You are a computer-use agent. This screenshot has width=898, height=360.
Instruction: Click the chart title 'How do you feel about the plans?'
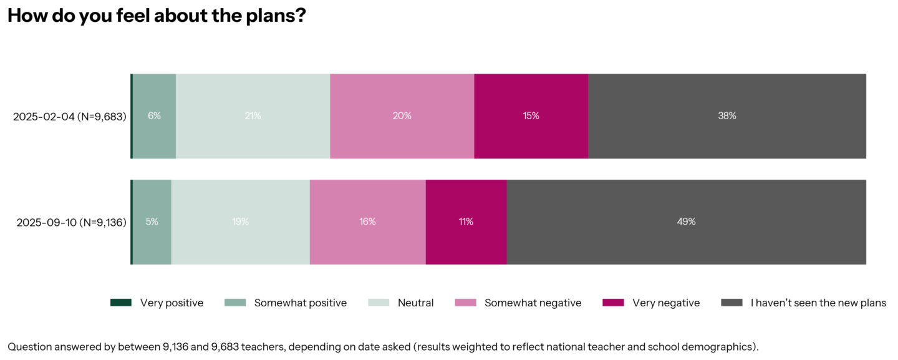[157, 16]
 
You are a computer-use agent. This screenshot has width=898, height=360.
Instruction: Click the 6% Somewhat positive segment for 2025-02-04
[154, 116]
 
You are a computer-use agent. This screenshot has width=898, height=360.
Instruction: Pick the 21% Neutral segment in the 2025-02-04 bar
[253, 116]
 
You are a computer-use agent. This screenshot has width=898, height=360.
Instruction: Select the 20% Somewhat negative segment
[402, 116]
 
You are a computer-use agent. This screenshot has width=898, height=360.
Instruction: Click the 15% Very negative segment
[531, 116]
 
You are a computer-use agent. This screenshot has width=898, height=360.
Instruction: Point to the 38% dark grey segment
[727, 116]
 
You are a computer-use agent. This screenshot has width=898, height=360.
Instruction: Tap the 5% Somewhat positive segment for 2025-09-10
[152, 222]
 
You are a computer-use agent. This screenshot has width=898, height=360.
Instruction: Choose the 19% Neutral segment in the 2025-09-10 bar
[241, 222]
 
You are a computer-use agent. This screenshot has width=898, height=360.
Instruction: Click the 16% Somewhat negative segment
[367, 222]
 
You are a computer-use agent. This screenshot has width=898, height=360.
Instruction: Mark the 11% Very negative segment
[466, 222]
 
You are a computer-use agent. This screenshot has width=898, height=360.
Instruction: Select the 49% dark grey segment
[686, 222]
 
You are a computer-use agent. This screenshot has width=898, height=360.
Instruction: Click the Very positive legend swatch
[121, 303]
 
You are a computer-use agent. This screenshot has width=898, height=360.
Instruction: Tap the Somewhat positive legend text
[300, 303]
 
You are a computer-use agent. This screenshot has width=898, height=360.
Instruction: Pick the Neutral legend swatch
[379, 303]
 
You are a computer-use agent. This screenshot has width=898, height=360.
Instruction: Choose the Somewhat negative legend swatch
[465, 303]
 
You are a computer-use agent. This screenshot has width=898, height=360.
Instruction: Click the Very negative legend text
[666, 303]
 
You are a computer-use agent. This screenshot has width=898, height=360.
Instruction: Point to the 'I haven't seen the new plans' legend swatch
[731, 303]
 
